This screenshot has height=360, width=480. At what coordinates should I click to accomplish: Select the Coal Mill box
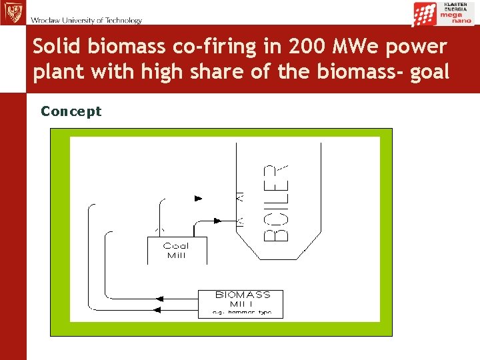click(177, 251)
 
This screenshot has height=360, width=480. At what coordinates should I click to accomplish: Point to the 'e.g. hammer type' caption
click(243, 313)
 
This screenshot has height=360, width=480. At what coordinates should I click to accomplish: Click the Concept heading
click(71, 111)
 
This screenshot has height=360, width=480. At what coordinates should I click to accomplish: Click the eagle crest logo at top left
click(12, 13)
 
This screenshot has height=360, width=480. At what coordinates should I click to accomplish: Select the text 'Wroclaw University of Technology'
click(86, 20)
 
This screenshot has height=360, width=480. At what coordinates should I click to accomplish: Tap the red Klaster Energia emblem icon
click(425, 14)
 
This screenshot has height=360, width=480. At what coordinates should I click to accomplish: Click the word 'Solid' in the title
click(56, 47)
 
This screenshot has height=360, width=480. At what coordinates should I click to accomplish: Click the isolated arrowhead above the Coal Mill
click(198, 198)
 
